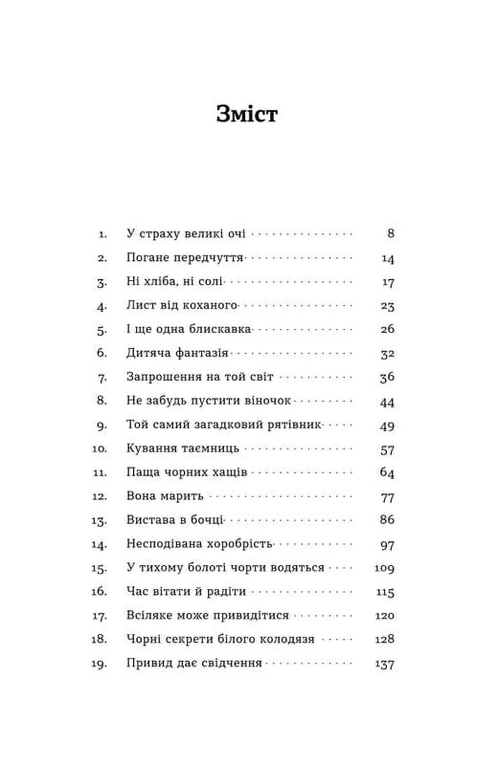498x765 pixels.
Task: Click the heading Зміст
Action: [x=247, y=114]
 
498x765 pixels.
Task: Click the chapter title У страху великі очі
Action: [x=186, y=234]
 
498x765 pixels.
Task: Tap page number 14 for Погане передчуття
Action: [x=388, y=258]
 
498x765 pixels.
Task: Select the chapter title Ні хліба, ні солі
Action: [x=175, y=281]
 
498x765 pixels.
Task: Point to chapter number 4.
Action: [x=101, y=306]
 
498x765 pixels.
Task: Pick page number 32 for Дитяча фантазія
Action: [x=387, y=354]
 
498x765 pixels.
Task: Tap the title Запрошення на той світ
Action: [x=200, y=377]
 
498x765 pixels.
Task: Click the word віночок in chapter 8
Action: [x=267, y=401]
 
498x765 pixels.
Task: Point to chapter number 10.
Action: [x=99, y=449]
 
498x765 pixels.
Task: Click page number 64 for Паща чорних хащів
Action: [x=387, y=473]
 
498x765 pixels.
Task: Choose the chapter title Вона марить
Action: [x=165, y=496]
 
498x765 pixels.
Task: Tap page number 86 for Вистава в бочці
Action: [x=387, y=520]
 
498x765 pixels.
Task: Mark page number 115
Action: [x=385, y=592]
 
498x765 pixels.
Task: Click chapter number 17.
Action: [x=99, y=616]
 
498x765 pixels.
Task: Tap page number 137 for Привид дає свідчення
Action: [x=385, y=663]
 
